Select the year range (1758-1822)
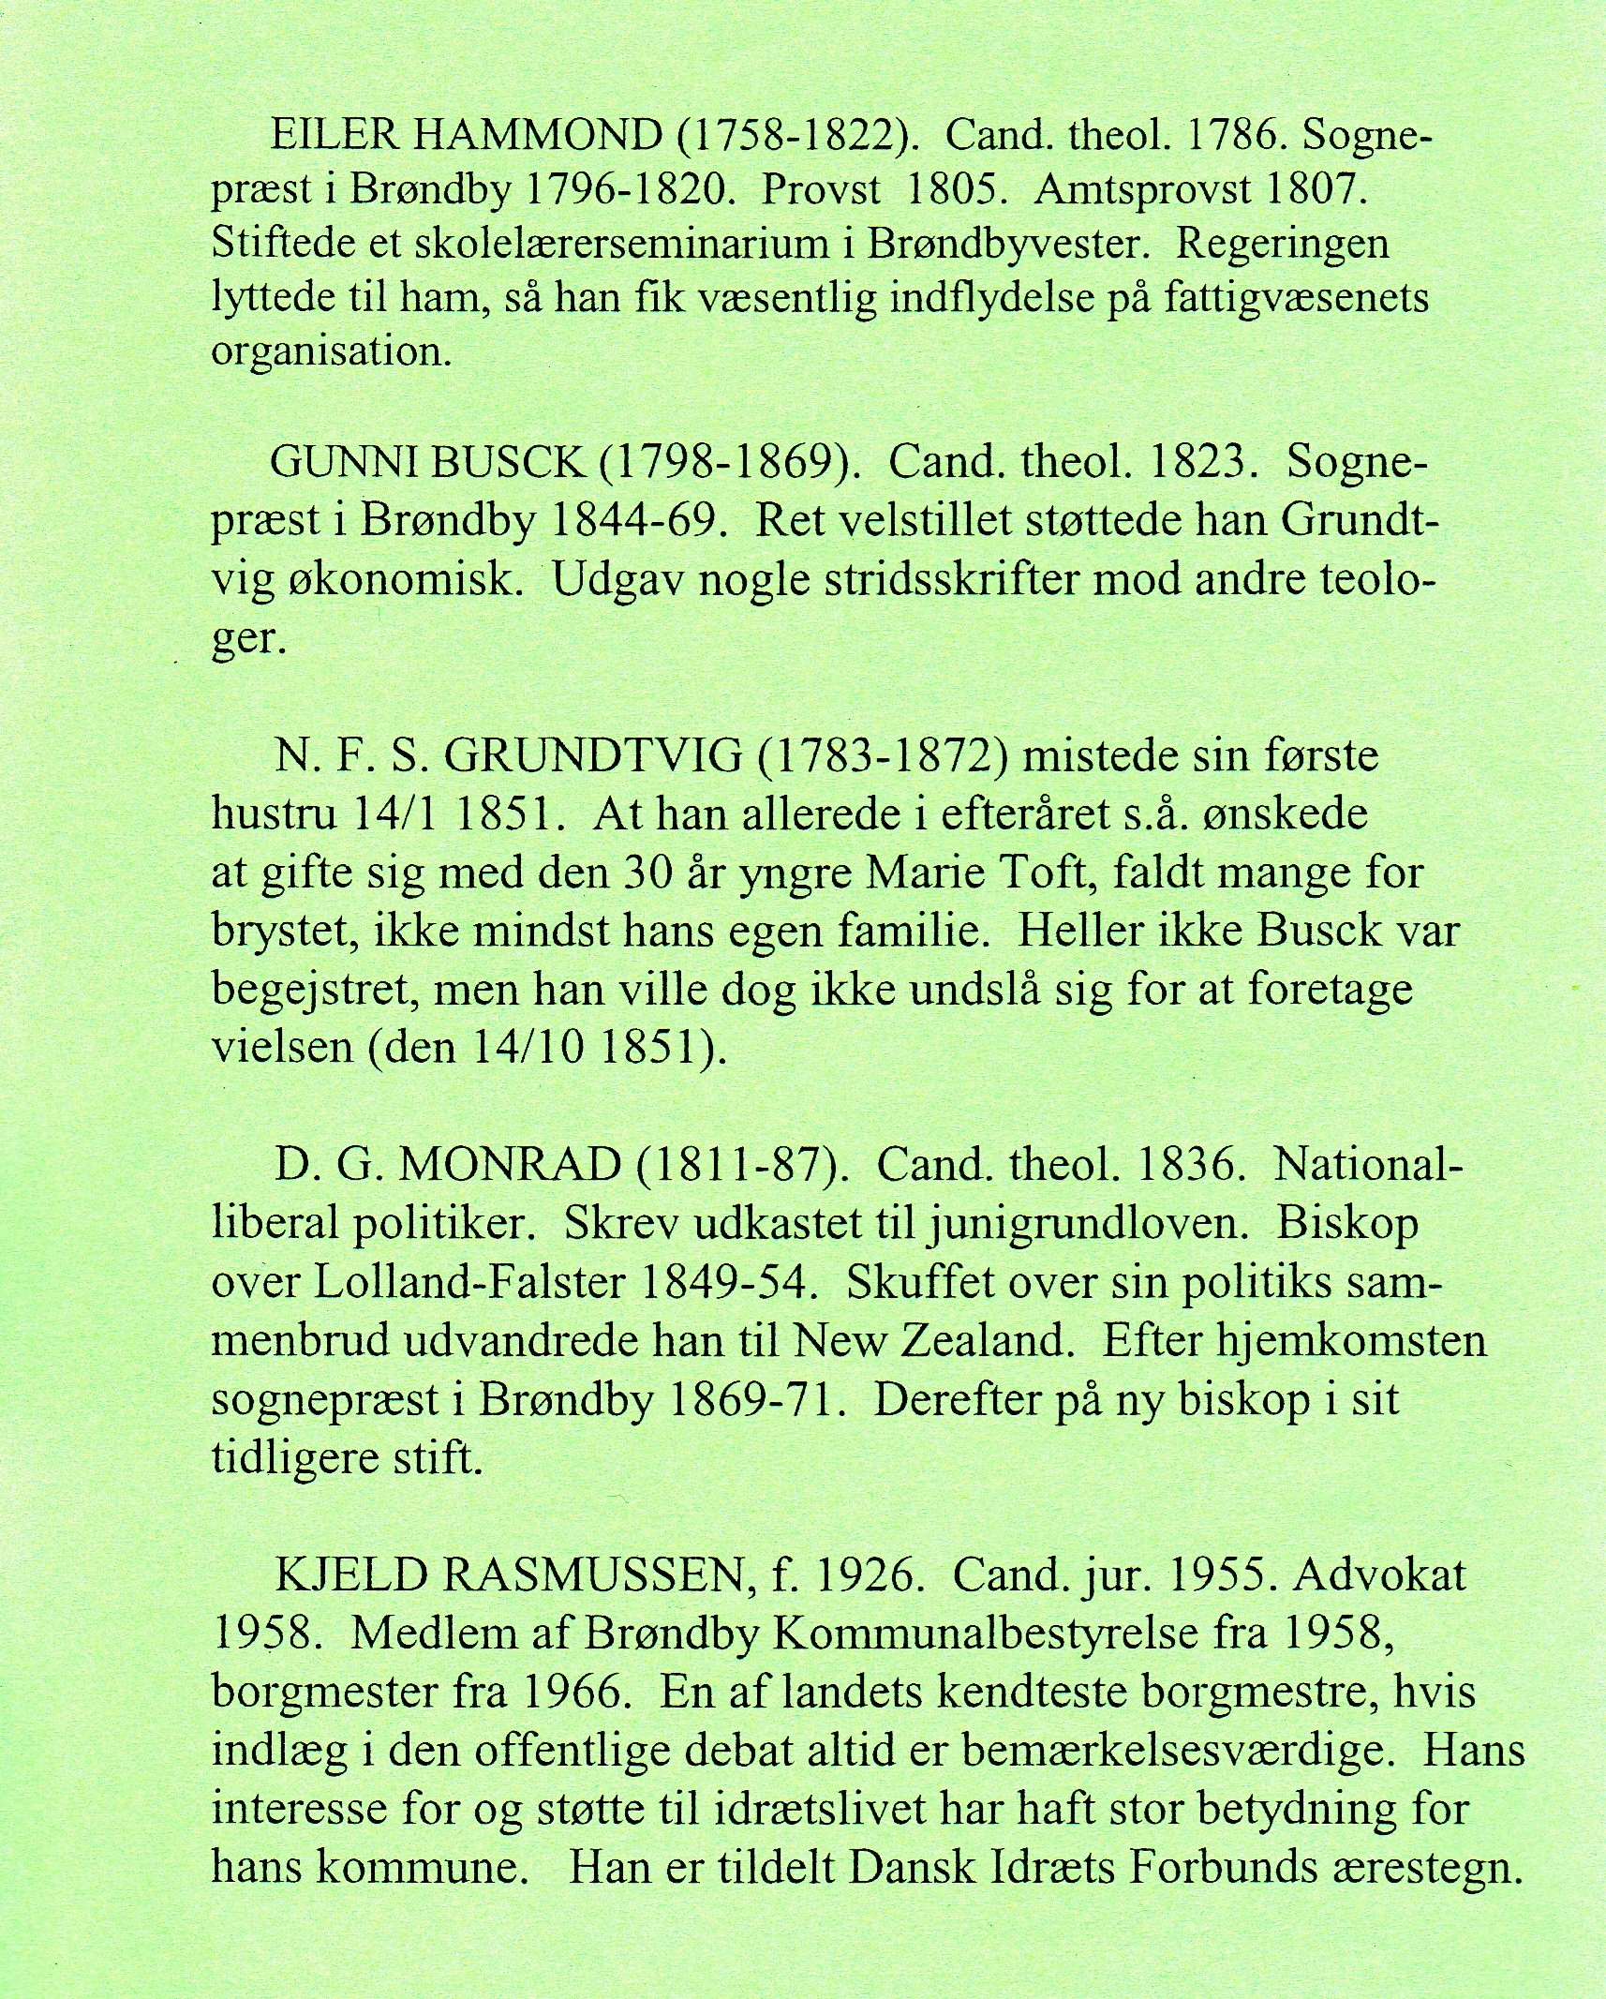point(796,138)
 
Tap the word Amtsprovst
point(1142,191)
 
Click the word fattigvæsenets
point(1297,299)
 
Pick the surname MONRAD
point(511,1165)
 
